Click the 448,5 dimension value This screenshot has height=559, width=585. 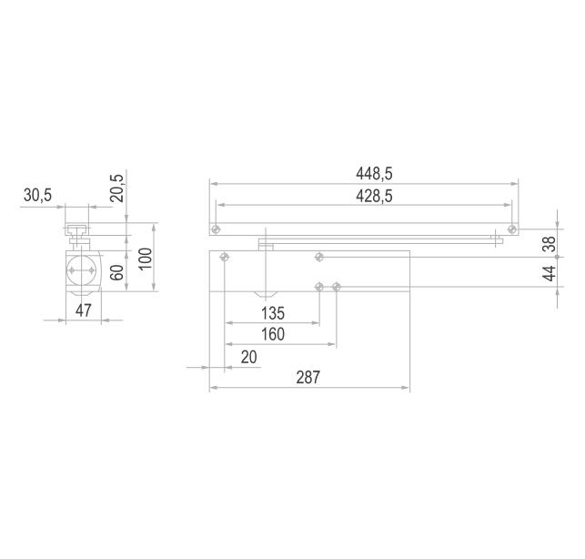point(374,174)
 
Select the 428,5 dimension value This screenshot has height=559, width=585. point(374,197)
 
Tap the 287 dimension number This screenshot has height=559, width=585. point(308,378)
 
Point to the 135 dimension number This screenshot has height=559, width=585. point(273,313)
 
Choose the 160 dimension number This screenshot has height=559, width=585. point(273,334)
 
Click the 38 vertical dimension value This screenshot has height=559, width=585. point(550,244)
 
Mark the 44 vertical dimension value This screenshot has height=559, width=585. point(550,274)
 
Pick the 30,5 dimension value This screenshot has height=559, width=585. point(37,195)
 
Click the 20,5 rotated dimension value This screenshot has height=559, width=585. point(116,188)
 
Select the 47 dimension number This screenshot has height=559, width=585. point(83,310)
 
